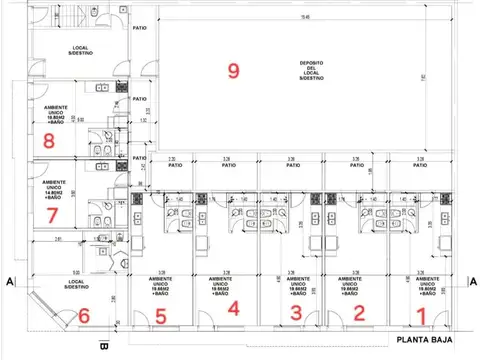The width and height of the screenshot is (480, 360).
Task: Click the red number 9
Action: (234, 70)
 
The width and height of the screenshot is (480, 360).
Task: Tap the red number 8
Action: (49, 141)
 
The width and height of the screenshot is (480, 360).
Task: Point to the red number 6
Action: (84, 315)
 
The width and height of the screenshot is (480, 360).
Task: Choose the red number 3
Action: (295, 313)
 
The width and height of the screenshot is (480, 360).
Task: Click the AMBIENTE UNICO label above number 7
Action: (56, 189)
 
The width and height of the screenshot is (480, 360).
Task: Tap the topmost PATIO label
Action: (139, 28)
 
